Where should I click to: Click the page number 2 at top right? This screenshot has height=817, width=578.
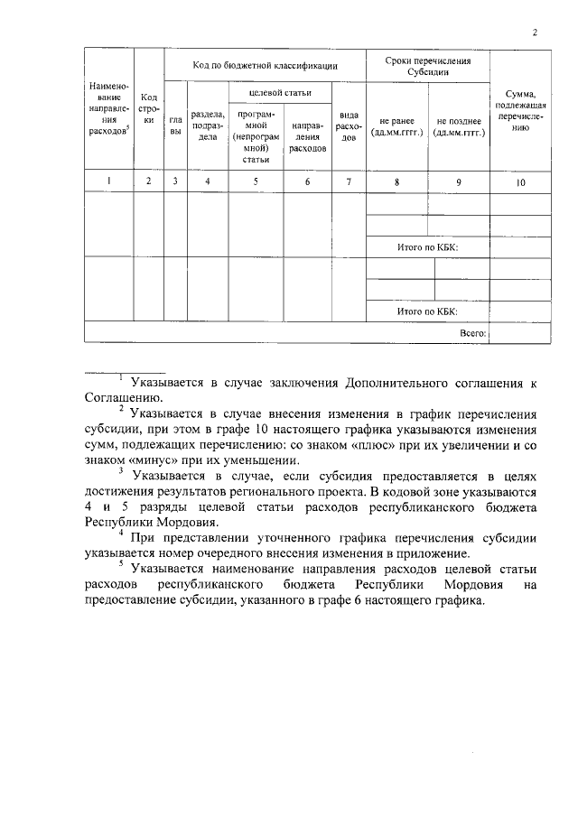point(535,33)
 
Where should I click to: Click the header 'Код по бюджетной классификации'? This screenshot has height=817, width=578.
point(265,65)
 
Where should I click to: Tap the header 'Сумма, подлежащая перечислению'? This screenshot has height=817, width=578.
point(520,110)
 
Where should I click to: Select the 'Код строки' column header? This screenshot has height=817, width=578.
point(149,108)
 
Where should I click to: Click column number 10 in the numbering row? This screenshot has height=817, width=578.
point(520,181)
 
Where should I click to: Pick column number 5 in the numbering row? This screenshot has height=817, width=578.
point(255,181)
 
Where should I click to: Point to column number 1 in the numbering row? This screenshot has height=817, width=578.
point(108,181)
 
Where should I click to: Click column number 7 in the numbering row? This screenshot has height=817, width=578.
point(348,181)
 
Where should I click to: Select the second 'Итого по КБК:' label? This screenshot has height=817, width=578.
point(427,311)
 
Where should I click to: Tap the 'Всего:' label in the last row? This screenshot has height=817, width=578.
point(472,333)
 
